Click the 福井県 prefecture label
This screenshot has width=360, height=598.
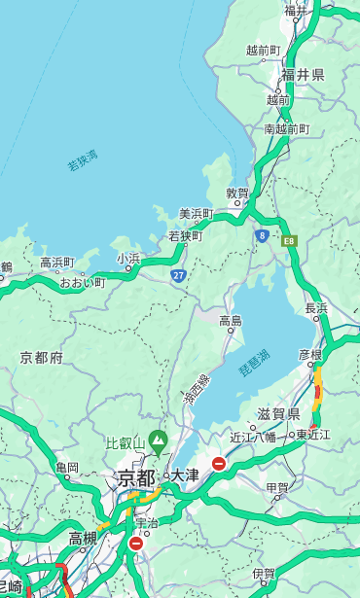(x=304, y=75)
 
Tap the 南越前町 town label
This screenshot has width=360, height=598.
(x=286, y=128)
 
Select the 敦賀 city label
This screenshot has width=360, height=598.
(x=237, y=193)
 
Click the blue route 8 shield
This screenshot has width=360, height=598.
(x=262, y=235)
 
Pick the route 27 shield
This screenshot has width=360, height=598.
(x=179, y=275)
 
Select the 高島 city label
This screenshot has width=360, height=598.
(x=231, y=321)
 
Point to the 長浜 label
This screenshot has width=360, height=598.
(x=317, y=308)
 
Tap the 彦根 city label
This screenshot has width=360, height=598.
(x=310, y=356)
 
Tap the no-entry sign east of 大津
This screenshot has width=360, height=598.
(x=219, y=464)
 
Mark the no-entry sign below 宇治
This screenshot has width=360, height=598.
(x=135, y=544)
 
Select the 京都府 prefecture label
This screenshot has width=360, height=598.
(x=42, y=358)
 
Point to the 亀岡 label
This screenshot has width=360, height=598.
(x=67, y=468)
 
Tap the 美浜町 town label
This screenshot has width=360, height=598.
(x=196, y=214)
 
